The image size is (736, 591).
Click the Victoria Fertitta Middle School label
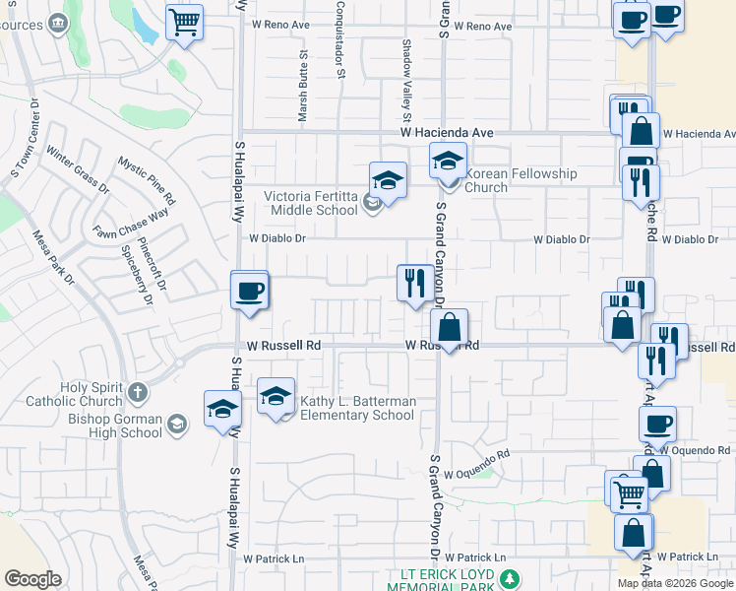311,203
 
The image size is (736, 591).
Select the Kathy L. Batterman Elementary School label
358,408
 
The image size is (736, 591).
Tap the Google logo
32,579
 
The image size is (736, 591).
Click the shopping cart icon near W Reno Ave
184,21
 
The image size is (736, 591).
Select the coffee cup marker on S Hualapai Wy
249,291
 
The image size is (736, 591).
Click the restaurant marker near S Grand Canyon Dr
412,283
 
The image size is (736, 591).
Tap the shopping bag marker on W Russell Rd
449,327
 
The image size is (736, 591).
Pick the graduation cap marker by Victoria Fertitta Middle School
388,180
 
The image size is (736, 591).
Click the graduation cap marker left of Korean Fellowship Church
448,160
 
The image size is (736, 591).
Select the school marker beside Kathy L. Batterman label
276,398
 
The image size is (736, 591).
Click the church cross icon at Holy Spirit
138,393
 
